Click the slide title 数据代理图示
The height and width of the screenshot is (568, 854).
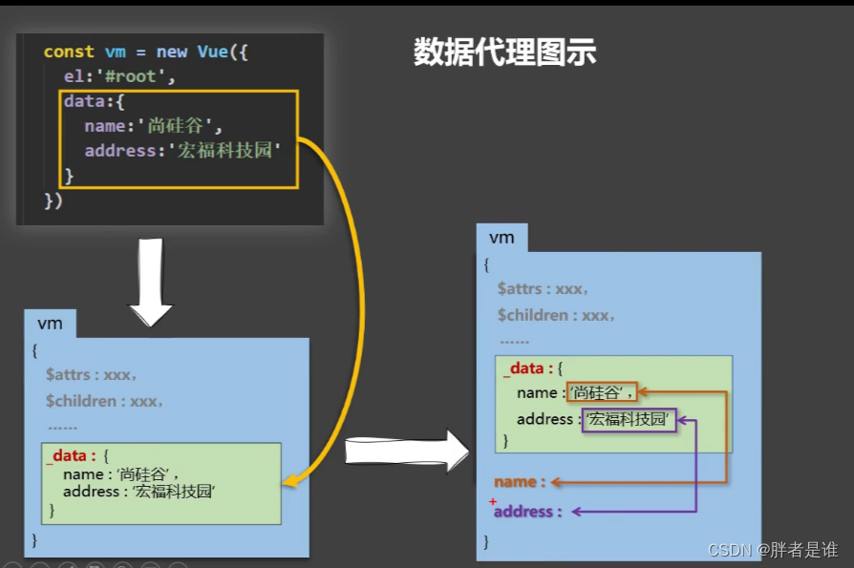click(504, 53)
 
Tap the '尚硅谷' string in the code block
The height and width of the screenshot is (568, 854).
click(180, 126)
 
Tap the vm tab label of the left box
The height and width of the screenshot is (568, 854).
click(51, 324)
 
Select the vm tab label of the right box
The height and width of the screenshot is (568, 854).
click(502, 238)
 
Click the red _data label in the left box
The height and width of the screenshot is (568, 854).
click(71, 456)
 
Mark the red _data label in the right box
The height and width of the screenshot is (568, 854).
click(526, 368)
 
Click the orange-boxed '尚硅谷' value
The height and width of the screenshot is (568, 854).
click(602, 392)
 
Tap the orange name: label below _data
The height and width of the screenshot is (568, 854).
click(520, 482)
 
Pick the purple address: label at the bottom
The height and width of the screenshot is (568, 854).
click(528, 512)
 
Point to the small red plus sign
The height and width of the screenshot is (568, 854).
click(493, 502)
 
